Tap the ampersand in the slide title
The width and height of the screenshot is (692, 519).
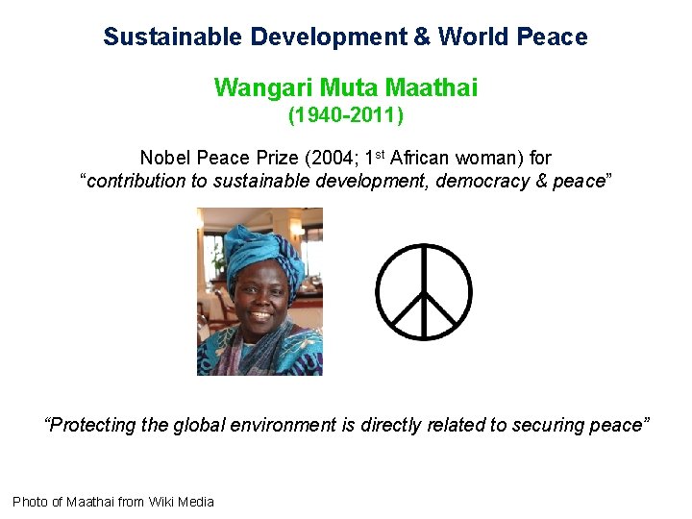coord(423,37)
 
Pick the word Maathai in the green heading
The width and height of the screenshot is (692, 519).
coord(431,88)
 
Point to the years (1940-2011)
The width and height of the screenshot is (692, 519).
coord(346,115)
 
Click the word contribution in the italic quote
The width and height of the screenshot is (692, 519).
coord(136,181)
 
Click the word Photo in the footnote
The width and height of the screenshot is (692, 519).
coord(29,501)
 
